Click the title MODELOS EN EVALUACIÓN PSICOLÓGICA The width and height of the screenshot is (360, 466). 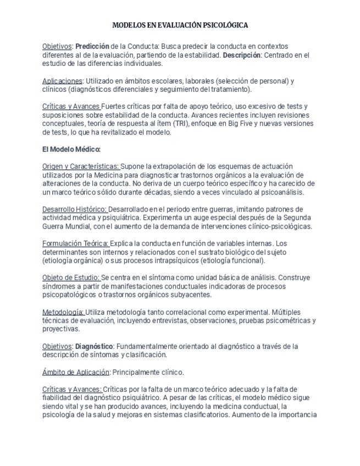tap(180, 25)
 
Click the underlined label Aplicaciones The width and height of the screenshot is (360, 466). tap(62, 81)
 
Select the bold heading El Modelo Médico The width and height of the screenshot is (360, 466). tap(71, 149)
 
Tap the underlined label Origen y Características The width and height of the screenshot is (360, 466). tap(80, 167)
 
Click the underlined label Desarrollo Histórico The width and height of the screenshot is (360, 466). tap(75, 209)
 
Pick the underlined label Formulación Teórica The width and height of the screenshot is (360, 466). tap(75, 243)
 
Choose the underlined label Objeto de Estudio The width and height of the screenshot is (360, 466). tap(71, 278)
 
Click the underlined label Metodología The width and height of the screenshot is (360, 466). tap(63, 312)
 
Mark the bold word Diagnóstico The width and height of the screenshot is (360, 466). tap(94, 346)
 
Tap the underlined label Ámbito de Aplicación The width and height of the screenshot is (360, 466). tap(76, 372)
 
